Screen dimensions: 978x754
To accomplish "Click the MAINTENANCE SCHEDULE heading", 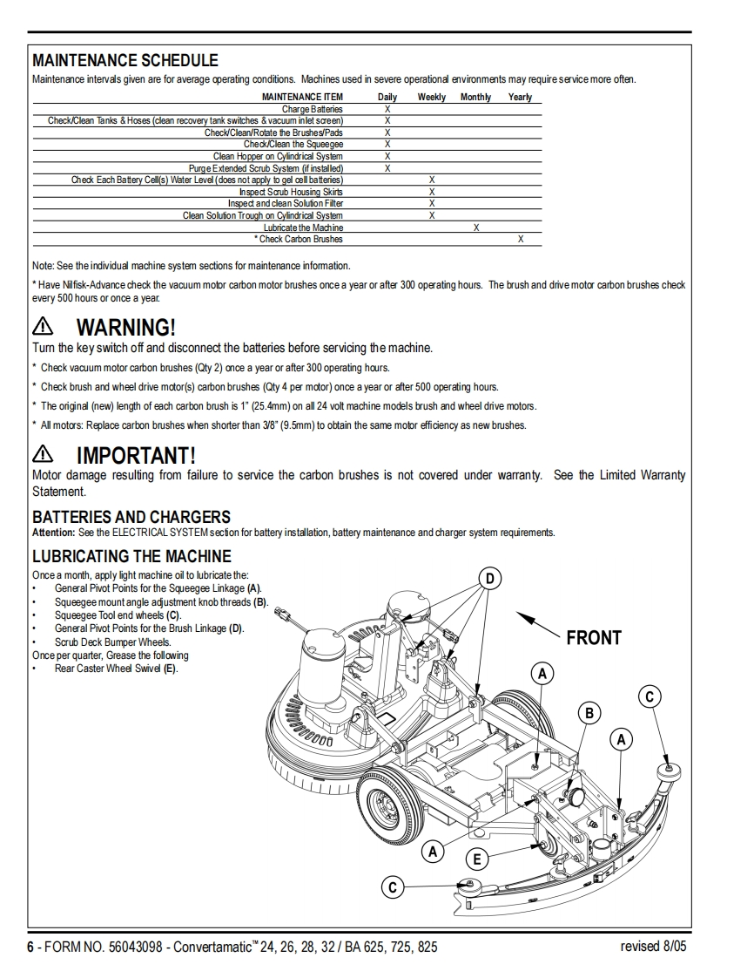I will [x=125, y=60].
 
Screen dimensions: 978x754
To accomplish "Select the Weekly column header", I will [x=431, y=97].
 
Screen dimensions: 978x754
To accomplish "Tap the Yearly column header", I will [x=520, y=97].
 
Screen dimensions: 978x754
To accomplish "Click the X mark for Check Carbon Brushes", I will [x=521, y=239].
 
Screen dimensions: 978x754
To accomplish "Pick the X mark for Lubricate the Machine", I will [x=476, y=228].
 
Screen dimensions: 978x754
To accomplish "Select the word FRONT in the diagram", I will [x=594, y=637].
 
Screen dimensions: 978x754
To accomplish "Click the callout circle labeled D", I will [x=491, y=579].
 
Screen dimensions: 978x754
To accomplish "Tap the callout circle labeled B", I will [x=589, y=713].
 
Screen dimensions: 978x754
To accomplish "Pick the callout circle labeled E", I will [x=476, y=859].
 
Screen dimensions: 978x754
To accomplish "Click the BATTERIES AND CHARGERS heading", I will [x=131, y=517].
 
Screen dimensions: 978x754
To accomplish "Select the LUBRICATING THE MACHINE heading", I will [x=131, y=555].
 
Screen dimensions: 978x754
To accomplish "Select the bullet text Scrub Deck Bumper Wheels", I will [x=112, y=642].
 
